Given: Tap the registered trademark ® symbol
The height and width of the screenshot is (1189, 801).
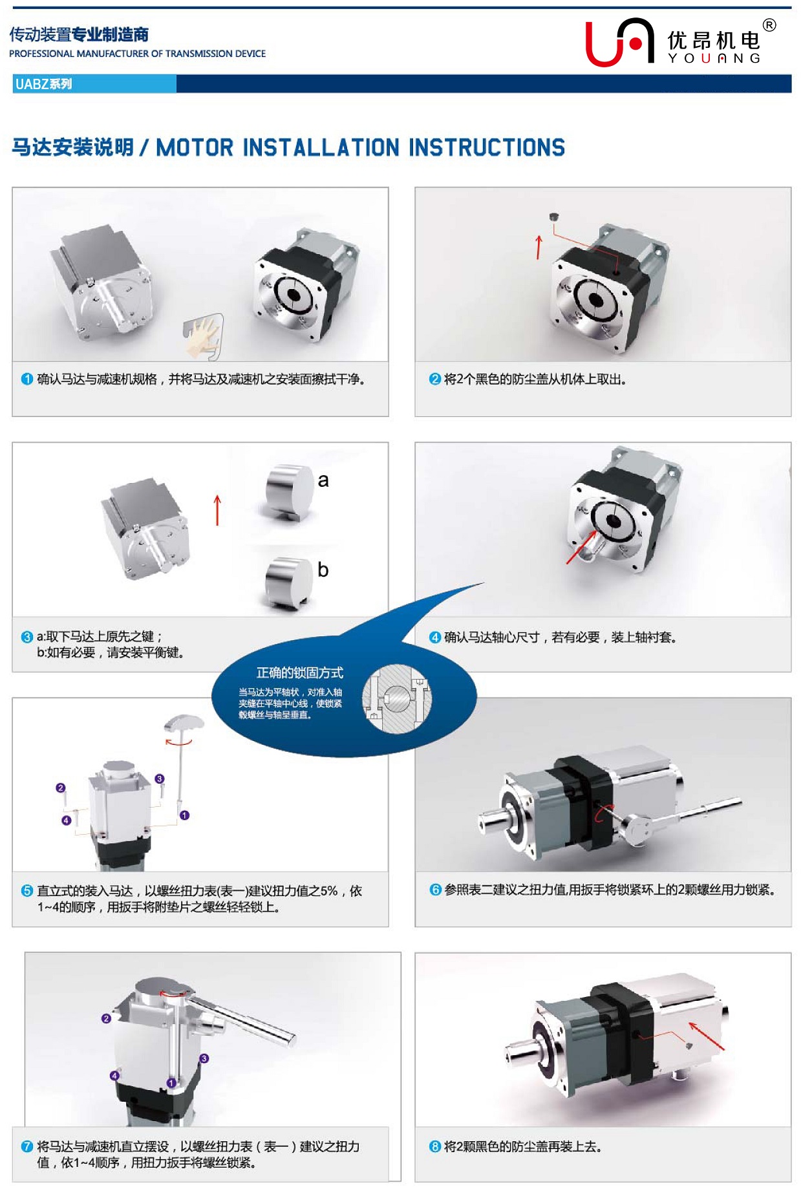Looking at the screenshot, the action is (769, 25).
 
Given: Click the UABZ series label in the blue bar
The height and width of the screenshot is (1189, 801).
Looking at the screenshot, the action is (43, 84).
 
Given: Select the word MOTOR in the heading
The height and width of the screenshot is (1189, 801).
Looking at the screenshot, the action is (195, 148).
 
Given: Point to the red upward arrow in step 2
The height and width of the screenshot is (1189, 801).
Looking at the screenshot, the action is (539, 248).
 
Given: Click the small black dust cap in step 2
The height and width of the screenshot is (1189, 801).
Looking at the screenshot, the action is (554, 217).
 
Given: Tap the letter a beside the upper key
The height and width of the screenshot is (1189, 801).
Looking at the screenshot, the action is (323, 480).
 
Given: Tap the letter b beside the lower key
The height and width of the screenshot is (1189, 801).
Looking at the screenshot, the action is (323, 570).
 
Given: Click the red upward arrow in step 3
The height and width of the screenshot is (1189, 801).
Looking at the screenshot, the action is (217, 511).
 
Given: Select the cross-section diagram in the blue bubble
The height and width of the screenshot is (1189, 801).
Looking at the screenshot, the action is (396, 699).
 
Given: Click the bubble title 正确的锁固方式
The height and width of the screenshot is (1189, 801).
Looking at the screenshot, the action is (300, 672).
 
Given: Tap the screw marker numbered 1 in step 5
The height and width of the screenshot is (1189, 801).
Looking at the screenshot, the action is (184, 815).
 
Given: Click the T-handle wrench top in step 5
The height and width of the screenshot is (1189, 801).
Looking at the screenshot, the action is (184, 722).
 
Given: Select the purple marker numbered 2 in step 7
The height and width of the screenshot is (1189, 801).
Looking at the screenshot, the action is (107, 1018).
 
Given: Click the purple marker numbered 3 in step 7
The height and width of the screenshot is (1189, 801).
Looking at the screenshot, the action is (204, 1058).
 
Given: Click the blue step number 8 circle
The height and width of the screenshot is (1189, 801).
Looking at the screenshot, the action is (435, 1146).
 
